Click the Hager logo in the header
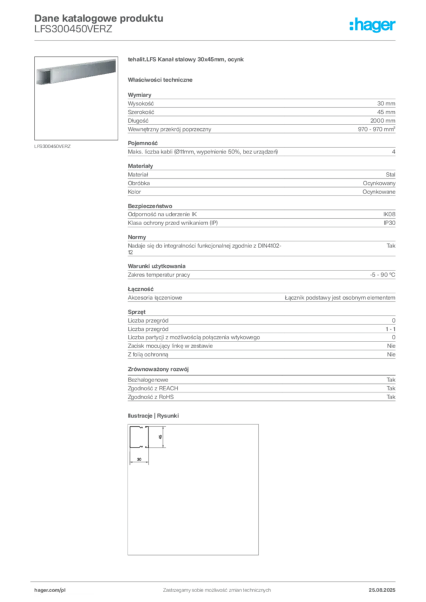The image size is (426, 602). click(372, 25)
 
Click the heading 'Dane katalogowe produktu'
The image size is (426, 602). click(99, 18)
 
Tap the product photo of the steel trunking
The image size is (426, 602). click(76, 72)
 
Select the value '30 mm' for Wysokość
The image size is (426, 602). click(386, 103)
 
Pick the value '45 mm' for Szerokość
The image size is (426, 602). click(386, 112)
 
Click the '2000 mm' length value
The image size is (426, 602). click(382, 121)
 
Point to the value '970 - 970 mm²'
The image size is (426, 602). click(377, 129)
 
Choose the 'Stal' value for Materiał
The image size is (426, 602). click(391, 175)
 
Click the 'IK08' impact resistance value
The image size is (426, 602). click(389, 214)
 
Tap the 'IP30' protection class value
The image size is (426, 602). click(390, 223)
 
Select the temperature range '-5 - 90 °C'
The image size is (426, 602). click(382, 275)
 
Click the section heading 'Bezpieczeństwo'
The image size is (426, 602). click(150, 206)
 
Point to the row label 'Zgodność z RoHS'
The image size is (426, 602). click(151, 397)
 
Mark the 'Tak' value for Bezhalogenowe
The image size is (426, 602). click(391, 380)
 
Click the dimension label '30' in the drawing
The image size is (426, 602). click(139, 459)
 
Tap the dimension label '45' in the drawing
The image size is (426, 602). click(160, 437)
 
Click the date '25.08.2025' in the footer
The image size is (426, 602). click(382, 590)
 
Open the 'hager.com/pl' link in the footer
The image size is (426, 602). click(50, 590)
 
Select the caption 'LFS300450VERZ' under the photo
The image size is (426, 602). click(52, 146)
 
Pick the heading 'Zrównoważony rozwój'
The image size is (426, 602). click(158, 369)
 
